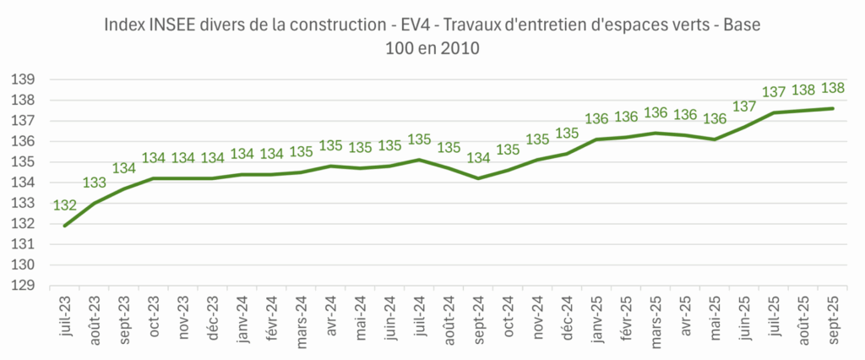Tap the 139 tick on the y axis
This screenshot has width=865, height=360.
pos(23,79)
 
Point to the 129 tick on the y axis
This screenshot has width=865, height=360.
pos(23,286)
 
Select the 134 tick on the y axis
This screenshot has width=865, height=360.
pos(23,183)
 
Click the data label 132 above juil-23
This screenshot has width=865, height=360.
pos(65,205)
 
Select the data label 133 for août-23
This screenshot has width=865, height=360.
pos(95,183)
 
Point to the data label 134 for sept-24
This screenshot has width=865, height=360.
pos(479,158)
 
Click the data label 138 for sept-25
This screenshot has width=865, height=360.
pos(833,88)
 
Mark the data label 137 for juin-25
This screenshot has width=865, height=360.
pos(744,106)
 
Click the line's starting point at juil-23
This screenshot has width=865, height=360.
pos(65,226)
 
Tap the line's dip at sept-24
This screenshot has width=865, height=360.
pos(479,178)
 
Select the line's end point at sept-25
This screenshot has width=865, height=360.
pos(833,108)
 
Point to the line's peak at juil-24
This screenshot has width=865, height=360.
pos(420,160)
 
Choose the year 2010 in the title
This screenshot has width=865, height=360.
pos(461,48)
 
